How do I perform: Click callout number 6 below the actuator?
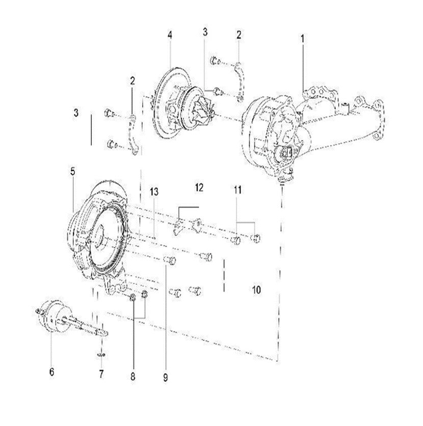point(51,372)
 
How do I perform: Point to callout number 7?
point(101,375)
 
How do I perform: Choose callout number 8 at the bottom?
point(133,377)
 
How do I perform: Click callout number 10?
point(256,290)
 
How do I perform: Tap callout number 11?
point(237,190)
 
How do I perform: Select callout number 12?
point(199,188)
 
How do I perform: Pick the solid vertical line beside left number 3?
point(92,129)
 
